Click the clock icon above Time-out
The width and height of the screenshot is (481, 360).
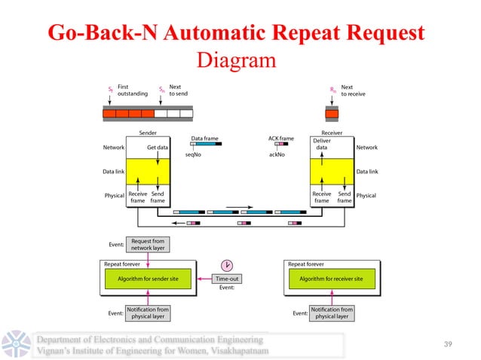coord(227,265)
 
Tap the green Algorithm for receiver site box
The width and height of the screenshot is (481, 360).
coord(332,279)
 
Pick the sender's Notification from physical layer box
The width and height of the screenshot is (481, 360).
coord(148,313)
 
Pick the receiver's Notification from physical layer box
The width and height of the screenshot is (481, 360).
coord(332,313)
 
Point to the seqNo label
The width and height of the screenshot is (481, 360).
coord(193,154)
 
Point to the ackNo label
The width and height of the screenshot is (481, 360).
coord(277,154)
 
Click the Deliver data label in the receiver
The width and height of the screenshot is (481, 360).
coord(321,145)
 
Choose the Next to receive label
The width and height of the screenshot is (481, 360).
coord(351,90)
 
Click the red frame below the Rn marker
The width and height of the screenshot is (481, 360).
coord(332,114)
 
